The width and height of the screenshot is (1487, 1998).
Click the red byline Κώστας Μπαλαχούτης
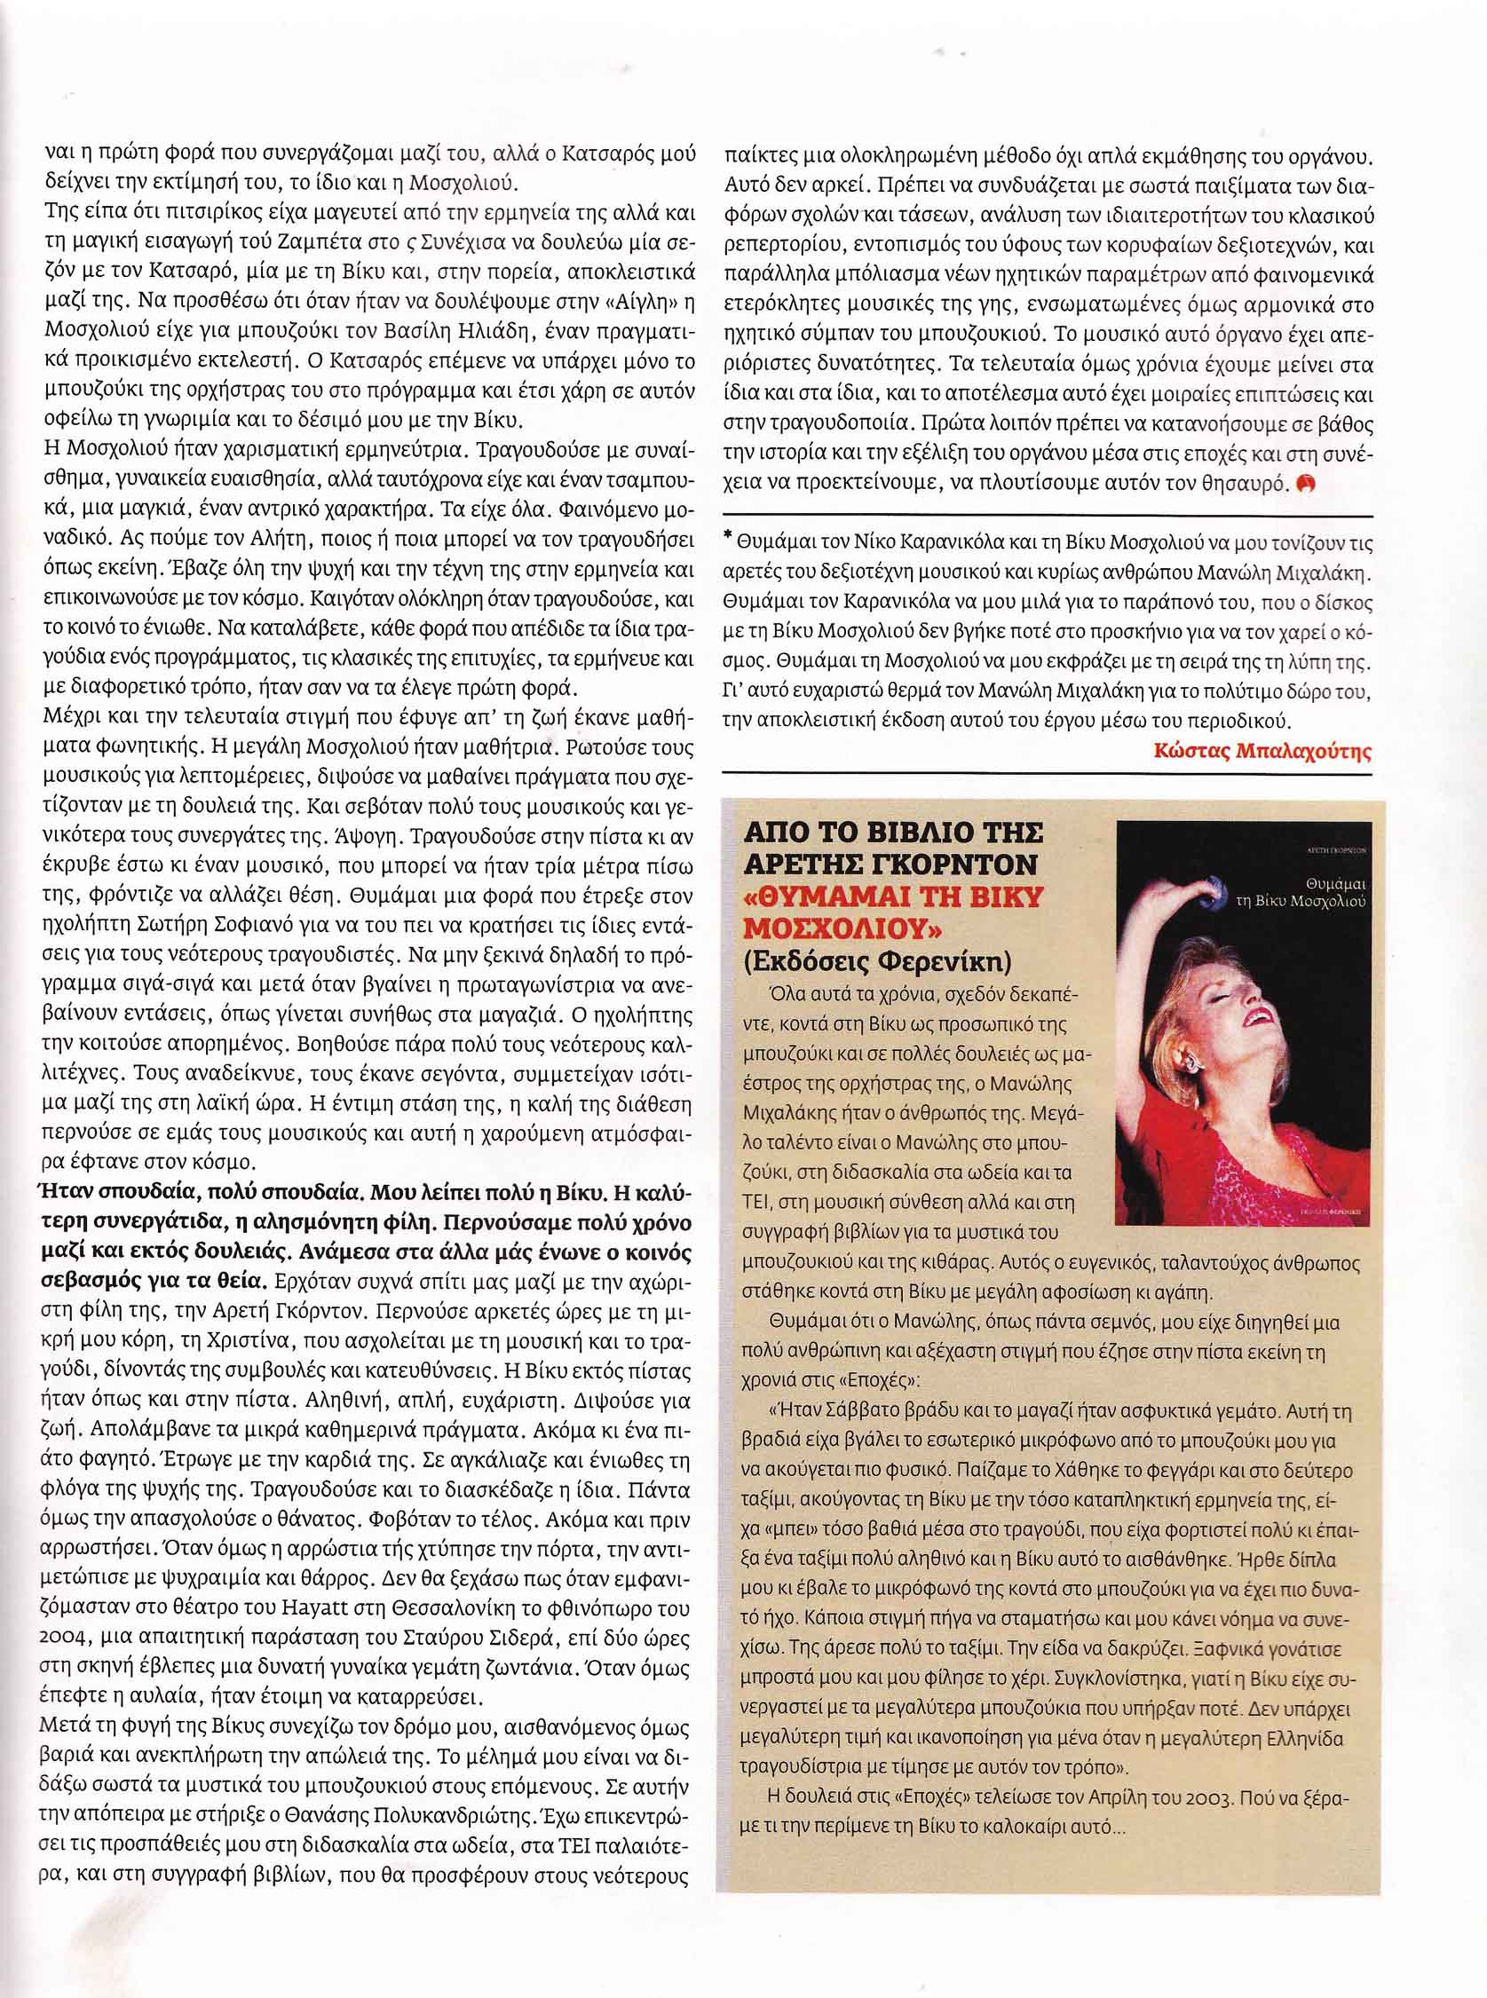coord(1262,754)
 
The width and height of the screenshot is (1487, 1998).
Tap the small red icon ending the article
coord(1307,483)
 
